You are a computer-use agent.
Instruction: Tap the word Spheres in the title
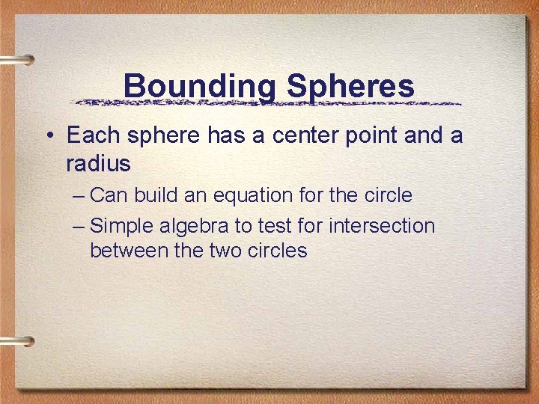350,86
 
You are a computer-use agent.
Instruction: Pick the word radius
98,163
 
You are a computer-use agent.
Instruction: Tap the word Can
109,196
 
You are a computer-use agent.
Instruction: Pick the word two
227,251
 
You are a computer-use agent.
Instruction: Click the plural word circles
279,251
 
